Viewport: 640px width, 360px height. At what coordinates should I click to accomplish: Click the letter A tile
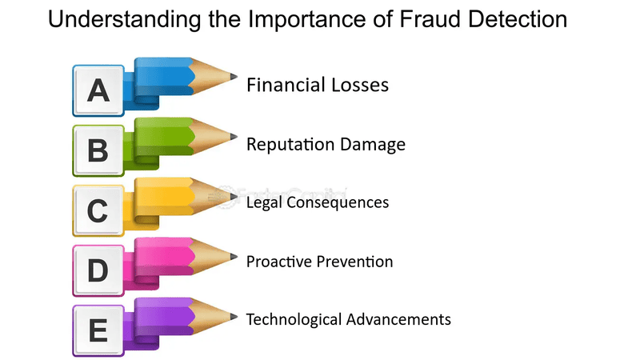(x=98, y=90)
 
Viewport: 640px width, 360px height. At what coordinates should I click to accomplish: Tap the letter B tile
(x=98, y=150)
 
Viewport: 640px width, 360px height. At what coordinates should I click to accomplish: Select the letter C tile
(x=98, y=210)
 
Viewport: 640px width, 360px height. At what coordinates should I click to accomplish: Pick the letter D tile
(x=98, y=270)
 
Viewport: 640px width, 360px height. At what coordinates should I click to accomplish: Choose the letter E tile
(x=98, y=330)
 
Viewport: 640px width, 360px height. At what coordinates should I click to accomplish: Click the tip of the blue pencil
(x=237, y=76)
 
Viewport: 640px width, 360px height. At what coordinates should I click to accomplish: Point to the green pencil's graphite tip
(x=237, y=136)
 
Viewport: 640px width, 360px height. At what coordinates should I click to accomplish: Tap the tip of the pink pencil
(x=237, y=257)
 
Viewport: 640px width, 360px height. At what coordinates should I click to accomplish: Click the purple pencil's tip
(x=237, y=317)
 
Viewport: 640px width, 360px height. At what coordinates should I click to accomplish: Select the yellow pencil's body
(x=163, y=197)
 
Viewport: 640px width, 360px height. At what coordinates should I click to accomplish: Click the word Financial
(x=286, y=85)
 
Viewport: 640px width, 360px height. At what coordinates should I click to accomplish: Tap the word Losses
(x=360, y=85)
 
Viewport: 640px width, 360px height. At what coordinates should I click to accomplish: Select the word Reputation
(x=290, y=145)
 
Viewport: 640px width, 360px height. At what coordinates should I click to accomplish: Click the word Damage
(x=373, y=145)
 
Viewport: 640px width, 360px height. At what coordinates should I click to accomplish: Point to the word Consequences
(x=338, y=202)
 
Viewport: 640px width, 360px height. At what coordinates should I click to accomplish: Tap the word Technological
(x=294, y=319)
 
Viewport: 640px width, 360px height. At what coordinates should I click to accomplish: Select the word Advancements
(x=398, y=319)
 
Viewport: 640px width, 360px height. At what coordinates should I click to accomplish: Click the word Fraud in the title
(x=430, y=19)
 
